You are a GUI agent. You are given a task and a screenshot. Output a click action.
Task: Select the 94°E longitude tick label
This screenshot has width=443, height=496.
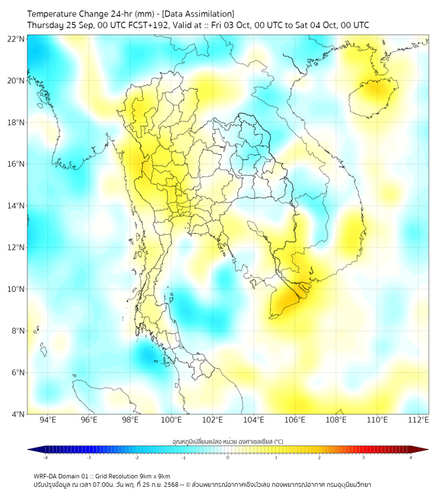(48, 421)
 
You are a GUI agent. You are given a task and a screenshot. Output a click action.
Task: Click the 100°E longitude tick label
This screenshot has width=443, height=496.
(171, 421)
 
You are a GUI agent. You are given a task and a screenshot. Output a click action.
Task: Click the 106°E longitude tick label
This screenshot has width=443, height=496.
(295, 421)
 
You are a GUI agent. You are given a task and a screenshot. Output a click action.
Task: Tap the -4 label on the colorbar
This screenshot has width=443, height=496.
(45, 457)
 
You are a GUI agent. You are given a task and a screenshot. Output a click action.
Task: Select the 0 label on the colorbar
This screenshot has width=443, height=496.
(228, 457)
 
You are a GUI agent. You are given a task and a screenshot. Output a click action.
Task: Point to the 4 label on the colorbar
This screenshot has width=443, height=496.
(411, 457)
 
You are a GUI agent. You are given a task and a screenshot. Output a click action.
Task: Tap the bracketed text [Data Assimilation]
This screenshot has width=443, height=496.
(198, 14)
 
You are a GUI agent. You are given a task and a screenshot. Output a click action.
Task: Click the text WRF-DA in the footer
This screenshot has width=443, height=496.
(45, 476)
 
